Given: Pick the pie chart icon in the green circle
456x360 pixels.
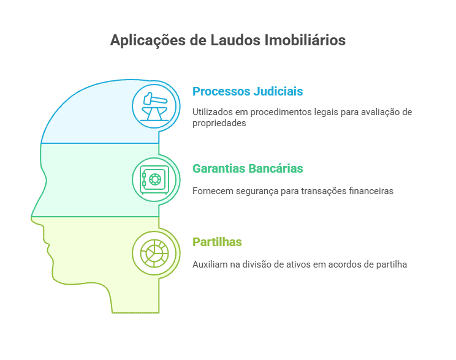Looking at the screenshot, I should (x=154, y=252).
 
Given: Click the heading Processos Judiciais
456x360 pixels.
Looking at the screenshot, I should (x=248, y=92).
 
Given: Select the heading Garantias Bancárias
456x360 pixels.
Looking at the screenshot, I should (x=248, y=168).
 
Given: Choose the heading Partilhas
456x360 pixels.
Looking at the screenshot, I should (x=217, y=242).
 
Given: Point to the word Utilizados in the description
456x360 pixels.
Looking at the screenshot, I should (x=211, y=112).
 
